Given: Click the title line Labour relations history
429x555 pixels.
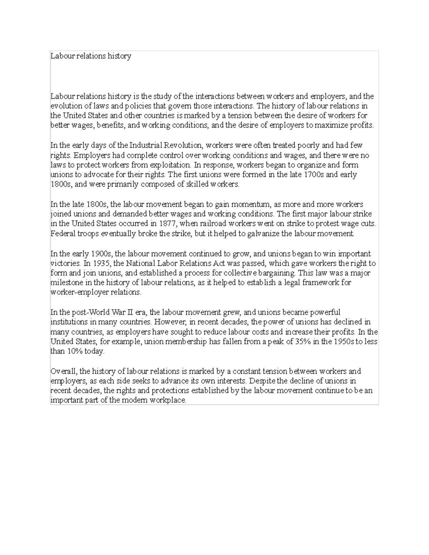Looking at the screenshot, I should (91, 56).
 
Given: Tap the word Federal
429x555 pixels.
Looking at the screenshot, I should (62, 234).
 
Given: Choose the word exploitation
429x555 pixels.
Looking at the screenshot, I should (171, 165).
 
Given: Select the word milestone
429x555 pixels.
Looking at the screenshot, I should (65, 283).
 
